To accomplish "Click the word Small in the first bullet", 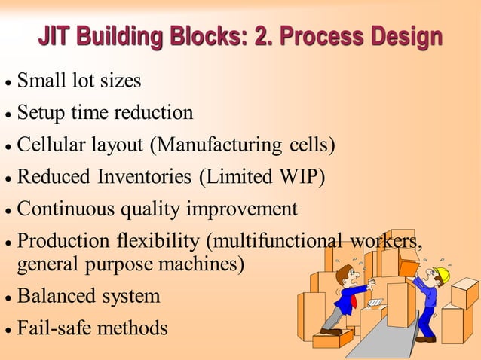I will [40, 80].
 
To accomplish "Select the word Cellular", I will [49, 144].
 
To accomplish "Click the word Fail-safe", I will [50, 329].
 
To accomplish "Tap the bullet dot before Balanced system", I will [8, 297].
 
